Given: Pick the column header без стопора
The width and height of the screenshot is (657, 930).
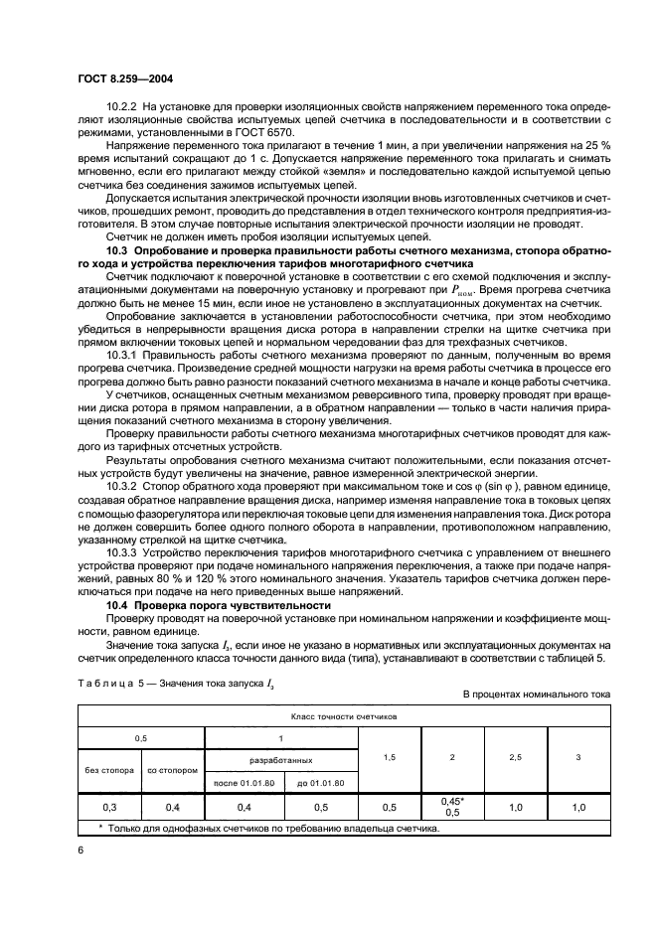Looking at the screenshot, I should coord(108,770).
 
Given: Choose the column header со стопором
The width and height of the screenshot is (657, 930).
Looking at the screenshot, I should coord(172,770).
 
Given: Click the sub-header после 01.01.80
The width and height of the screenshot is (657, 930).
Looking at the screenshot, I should coord(243,783).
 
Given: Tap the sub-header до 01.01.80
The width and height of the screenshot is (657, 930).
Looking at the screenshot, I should coord(319,783).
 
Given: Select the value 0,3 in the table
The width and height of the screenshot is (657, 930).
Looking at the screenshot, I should coord(108,807).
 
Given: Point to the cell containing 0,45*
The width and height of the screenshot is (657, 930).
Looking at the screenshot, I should coord(452,801).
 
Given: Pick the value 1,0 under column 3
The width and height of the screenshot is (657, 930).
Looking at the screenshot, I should coord(579,807).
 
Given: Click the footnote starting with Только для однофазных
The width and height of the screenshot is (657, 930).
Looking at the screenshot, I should coord(272,827).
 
